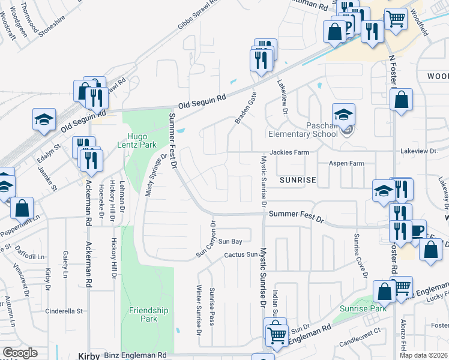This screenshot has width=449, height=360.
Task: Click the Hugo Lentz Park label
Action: tap(140, 140)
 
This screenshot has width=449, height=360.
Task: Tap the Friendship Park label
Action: tap(149, 314)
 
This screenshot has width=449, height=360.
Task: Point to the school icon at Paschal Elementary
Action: tap(343, 115)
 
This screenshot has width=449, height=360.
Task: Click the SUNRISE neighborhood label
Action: tap(297, 179)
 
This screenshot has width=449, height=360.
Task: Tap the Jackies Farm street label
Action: tap(289, 152)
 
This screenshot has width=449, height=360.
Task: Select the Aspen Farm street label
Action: tap(346, 163)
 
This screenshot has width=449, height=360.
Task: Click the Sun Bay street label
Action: tap(229, 241)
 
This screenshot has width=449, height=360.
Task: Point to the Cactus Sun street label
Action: tap(240, 255)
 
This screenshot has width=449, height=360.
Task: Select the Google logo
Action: tap(20, 353)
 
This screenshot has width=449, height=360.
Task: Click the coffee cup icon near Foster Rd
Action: tap(416, 231)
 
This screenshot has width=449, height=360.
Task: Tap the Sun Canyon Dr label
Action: tap(205, 239)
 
